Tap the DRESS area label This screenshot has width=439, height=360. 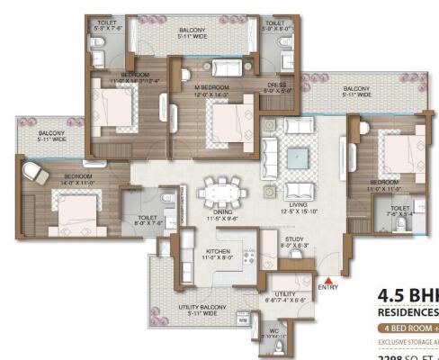click(275, 87)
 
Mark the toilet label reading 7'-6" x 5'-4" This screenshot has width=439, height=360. click(399, 211)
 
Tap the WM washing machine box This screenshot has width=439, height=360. click(243, 319)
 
